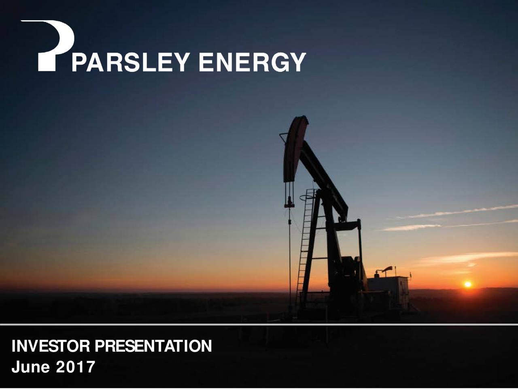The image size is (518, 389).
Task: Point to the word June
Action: click(31, 367)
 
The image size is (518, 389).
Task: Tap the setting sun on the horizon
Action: click(468, 284)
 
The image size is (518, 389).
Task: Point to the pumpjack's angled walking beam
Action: click(324, 178)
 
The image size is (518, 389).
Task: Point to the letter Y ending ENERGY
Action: click(298, 62)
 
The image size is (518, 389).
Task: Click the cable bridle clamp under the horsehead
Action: click(289, 204)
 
